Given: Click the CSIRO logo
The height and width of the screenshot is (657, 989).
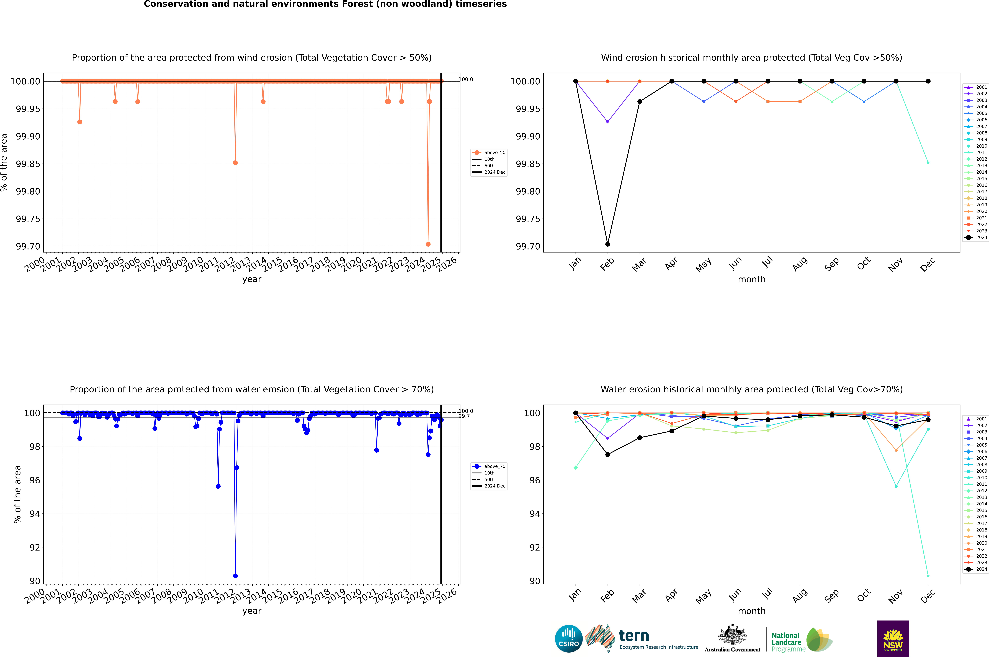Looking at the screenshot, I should tap(568, 639).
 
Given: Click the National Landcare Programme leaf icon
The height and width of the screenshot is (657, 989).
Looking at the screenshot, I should tap(819, 639).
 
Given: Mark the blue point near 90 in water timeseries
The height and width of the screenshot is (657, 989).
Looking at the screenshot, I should tap(235, 576).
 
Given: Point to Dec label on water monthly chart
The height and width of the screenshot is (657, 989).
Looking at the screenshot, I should tap(927, 596).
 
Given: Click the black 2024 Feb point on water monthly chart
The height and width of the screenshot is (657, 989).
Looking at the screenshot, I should tap(607, 455).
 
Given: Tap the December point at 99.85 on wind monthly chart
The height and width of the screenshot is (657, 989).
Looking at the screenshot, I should tap(928, 163).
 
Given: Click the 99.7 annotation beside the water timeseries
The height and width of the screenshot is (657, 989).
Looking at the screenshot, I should tap(464, 416).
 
